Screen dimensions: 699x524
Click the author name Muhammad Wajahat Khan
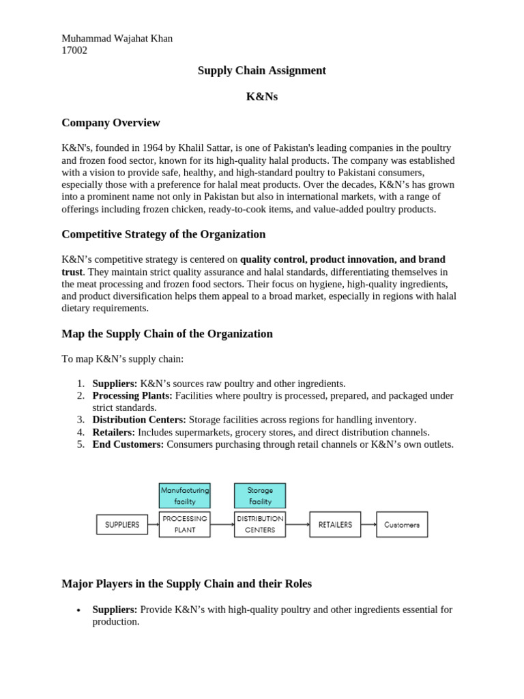117,38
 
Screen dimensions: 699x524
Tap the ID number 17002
74,50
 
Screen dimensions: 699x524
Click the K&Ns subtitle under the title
261,96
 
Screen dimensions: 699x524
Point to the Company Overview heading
111,123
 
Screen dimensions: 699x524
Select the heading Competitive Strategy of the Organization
163,234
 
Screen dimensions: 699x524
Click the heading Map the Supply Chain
166,334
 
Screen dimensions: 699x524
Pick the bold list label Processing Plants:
132,396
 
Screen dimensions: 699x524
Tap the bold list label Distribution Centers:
139,420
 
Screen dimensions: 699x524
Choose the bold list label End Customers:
128,444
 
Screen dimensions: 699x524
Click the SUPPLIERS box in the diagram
122,525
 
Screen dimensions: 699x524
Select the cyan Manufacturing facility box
184,496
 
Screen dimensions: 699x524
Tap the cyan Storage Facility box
260,496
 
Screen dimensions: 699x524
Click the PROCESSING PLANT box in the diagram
184,524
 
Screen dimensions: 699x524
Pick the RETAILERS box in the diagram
335,525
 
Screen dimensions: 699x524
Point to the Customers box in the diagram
402,525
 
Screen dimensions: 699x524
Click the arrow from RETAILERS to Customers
368,525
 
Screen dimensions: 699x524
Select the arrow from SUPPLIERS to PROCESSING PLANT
154,525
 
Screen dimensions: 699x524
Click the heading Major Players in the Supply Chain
186,584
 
